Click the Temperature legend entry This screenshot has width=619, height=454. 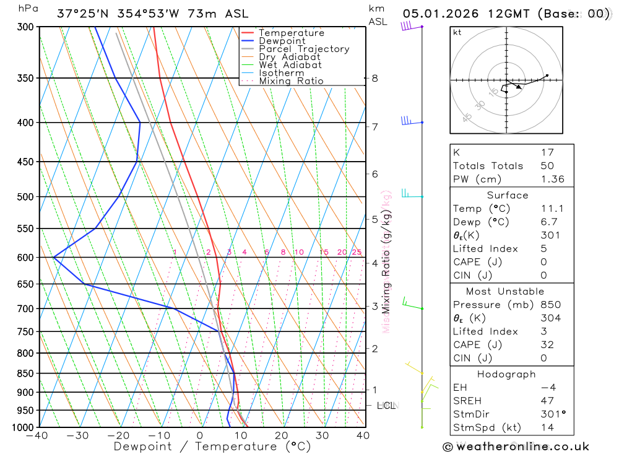[291, 33]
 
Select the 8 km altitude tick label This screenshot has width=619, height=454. [374, 78]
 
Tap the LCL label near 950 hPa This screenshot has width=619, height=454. [386, 406]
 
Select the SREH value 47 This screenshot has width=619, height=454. [547, 401]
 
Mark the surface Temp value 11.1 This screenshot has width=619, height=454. [550, 209]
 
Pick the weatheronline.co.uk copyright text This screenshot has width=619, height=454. [516, 447]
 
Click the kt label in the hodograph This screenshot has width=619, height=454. [457, 33]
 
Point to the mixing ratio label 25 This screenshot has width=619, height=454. [357, 252]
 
